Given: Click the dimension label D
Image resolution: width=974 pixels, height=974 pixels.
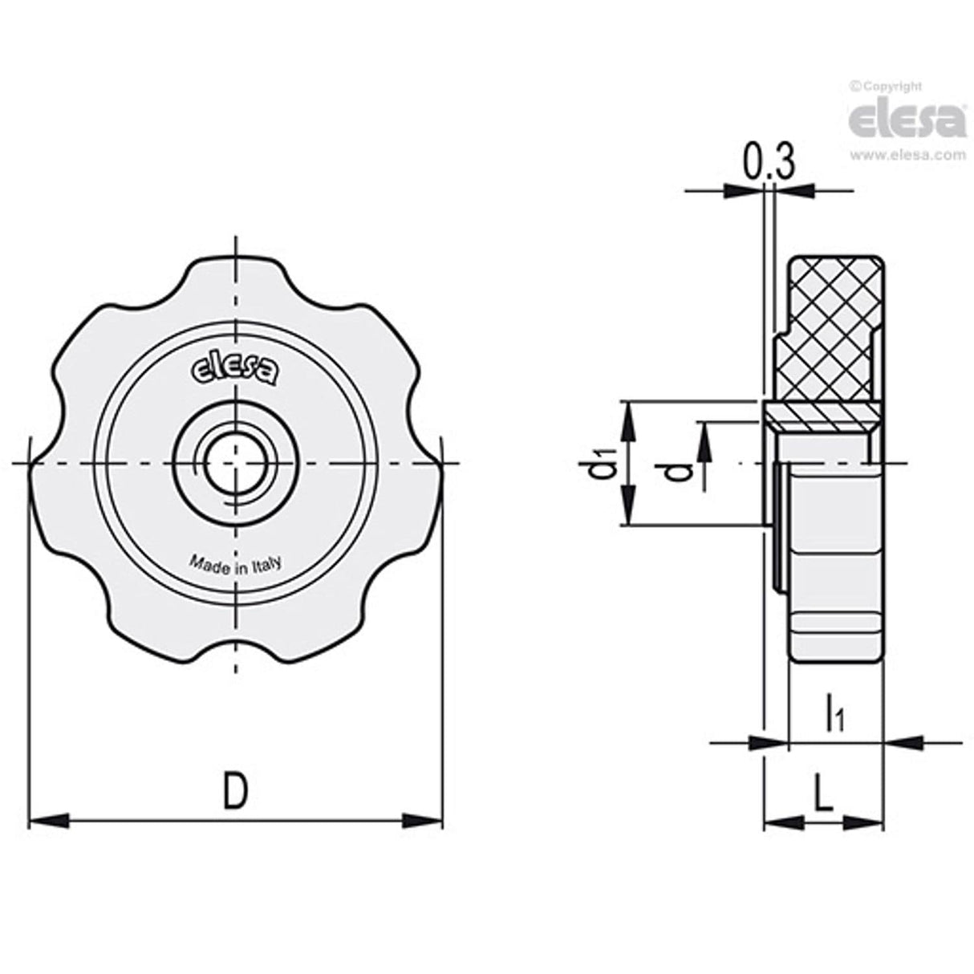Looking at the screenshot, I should (x=234, y=791).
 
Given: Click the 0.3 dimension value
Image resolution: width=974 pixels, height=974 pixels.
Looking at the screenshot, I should (x=768, y=163).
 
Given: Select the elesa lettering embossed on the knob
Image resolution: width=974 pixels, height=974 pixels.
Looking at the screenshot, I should (x=235, y=370).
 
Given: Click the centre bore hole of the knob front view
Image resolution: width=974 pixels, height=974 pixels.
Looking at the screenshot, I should (x=234, y=464).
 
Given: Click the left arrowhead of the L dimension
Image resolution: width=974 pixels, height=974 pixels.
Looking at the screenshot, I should (x=782, y=822).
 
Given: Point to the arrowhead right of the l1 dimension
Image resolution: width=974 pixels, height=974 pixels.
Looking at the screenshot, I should (x=902, y=742).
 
